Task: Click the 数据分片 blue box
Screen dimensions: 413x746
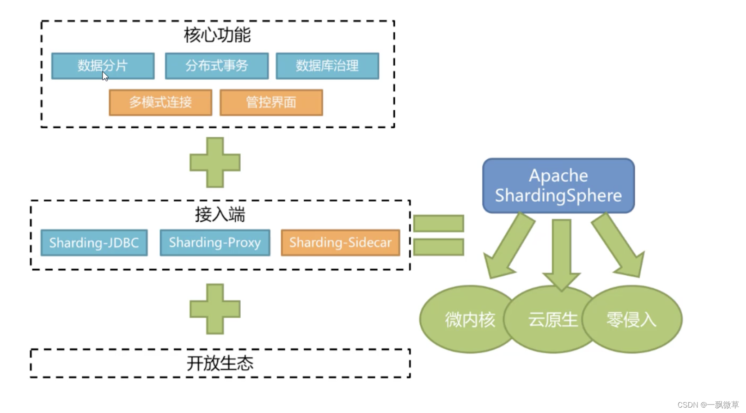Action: click(103, 66)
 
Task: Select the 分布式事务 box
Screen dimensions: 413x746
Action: click(216, 66)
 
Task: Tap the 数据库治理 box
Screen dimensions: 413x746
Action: click(327, 66)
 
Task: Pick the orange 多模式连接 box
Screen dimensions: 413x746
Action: click(160, 103)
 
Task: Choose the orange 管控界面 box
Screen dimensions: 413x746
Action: click(271, 103)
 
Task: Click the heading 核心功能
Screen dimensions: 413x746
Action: click(217, 35)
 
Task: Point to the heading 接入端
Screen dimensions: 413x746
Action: click(220, 215)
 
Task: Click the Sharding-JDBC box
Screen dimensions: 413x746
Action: click(94, 243)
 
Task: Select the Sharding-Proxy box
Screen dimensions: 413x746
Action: click(215, 243)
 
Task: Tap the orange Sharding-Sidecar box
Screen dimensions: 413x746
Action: click(340, 243)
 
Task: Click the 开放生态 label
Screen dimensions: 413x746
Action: click(220, 363)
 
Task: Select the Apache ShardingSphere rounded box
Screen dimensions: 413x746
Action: click(558, 185)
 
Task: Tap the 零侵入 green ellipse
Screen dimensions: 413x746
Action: click(632, 319)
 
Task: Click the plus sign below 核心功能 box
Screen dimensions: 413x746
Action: click(215, 162)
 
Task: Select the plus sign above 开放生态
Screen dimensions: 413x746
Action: click(215, 309)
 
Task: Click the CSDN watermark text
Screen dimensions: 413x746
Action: click(708, 405)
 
